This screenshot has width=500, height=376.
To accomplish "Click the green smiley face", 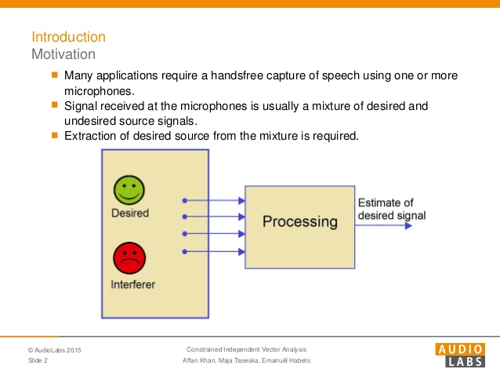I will [129, 190].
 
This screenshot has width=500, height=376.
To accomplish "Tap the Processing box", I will [299, 221].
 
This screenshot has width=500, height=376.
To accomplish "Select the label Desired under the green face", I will [129, 213].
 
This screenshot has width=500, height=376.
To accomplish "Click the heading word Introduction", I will [68, 37].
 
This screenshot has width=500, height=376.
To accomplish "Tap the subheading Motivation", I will [63, 54].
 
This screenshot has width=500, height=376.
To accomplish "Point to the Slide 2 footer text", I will [38, 360].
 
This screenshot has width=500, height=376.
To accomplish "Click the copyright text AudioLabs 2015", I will [54, 349].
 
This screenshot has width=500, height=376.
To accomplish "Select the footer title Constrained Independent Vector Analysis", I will [247, 349].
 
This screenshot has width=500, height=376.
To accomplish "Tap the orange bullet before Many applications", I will [55, 75].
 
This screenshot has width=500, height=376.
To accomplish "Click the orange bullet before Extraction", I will [55, 135].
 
